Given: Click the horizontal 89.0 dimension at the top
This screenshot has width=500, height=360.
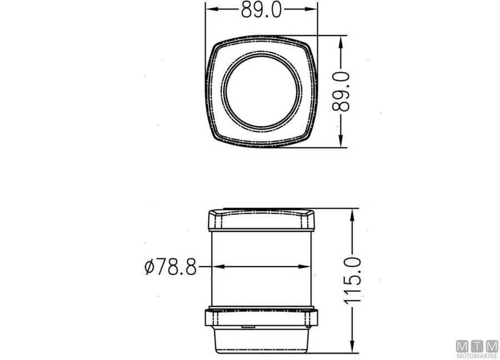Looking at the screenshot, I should click(261, 9).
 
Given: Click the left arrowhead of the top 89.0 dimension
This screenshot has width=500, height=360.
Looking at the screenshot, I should click(211, 9).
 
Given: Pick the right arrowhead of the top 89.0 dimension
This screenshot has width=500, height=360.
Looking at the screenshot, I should click(313, 9).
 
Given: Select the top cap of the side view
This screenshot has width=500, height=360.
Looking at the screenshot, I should click(262, 220).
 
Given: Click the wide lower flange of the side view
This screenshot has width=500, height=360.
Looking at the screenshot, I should click(262, 319).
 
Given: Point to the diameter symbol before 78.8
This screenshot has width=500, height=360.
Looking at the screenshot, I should click(149, 267).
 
